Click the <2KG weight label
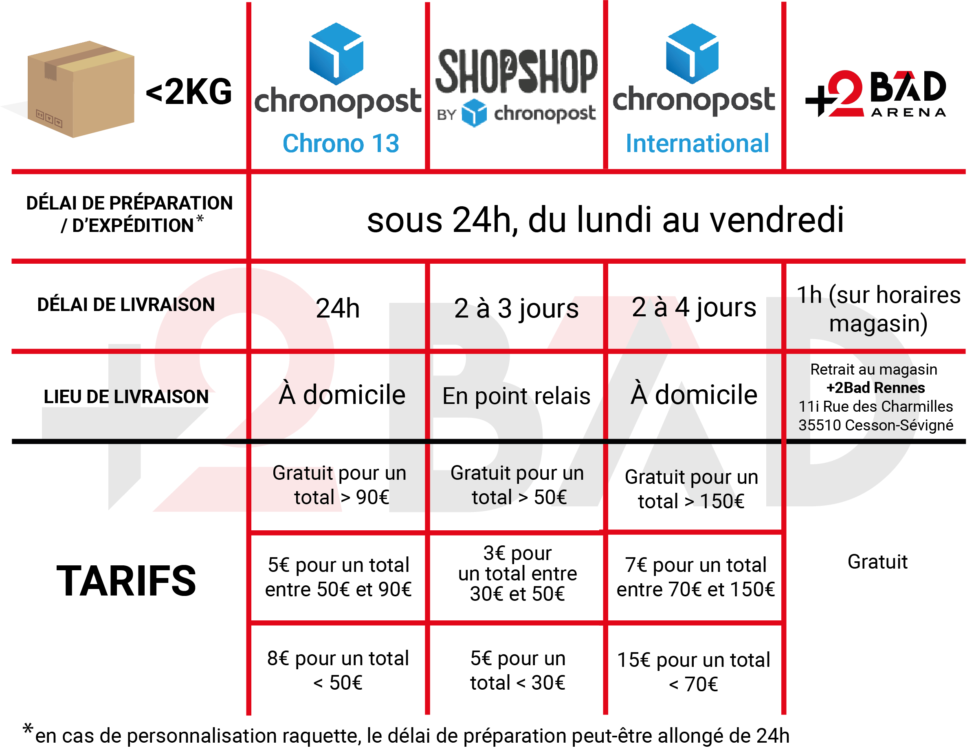pyautogui.click(x=189, y=92)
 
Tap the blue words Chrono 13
pyautogui.click(x=341, y=143)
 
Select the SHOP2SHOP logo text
pyautogui.click(x=517, y=71)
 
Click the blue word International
pyautogui.click(x=697, y=143)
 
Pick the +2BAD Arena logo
pyautogui.click(x=875, y=93)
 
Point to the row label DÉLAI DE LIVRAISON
pyautogui.click(x=126, y=305)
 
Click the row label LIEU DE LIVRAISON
pyautogui.click(x=126, y=397)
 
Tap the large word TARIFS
pyautogui.click(x=126, y=580)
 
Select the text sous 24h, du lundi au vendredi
pyautogui.click(x=605, y=220)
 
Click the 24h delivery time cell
pyautogui.click(x=338, y=308)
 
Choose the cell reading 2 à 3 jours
pyautogui.click(x=517, y=309)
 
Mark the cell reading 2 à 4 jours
pyautogui.click(x=694, y=307)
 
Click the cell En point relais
pyautogui.click(x=517, y=396)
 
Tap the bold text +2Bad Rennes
pyautogui.click(x=875, y=388)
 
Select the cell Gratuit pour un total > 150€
pyautogui.click(x=692, y=489)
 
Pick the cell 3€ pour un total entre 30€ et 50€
pyautogui.click(x=517, y=574)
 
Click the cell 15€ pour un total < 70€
pyautogui.click(x=693, y=672)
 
